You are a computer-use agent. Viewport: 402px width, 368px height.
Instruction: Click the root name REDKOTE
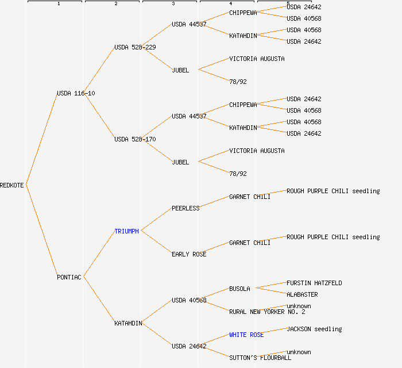point(12,185)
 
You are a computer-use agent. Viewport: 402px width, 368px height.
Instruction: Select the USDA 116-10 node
point(76,93)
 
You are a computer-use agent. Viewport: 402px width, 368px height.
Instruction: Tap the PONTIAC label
point(69,277)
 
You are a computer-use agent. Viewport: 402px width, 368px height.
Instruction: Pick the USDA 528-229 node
point(135,47)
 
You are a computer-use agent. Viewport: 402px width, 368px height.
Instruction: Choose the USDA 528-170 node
point(135,139)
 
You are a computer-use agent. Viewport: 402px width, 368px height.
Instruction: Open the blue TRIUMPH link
point(126,231)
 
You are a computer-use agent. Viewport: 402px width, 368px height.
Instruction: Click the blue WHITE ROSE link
point(246,335)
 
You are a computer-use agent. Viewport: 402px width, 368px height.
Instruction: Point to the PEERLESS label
point(185,208)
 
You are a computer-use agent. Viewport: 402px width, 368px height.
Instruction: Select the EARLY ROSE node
point(189,254)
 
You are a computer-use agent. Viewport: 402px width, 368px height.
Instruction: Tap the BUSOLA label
point(239,289)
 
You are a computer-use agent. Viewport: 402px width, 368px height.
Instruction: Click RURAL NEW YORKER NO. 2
point(267,312)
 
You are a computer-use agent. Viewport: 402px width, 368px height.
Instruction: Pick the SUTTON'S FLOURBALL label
point(260,358)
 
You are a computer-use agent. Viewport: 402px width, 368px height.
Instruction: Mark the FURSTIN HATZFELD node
point(314,283)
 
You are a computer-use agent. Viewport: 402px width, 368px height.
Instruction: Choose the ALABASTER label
point(302,294)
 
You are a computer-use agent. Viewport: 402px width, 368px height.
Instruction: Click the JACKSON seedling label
point(314,329)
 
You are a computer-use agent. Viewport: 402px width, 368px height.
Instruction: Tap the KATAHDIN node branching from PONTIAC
point(128,323)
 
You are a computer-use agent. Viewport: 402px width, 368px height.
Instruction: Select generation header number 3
point(173,4)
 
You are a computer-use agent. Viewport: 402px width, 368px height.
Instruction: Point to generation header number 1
point(58,4)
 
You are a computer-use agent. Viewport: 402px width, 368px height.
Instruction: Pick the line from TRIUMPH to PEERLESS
point(156,220)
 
